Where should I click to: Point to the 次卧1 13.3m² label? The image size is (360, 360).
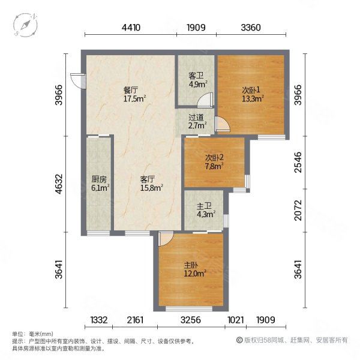pyautogui.click(x=253, y=95)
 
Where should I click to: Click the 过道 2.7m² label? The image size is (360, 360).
pyautogui.click(x=197, y=122)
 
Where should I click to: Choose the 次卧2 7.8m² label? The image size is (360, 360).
pyautogui.click(x=213, y=162)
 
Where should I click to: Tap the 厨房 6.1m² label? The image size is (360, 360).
pyautogui.click(x=100, y=184)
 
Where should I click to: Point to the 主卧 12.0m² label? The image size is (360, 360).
pyautogui.click(x=193, y=270)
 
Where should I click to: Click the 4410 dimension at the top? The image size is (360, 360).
pyautogui.click(x=131, y=27)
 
